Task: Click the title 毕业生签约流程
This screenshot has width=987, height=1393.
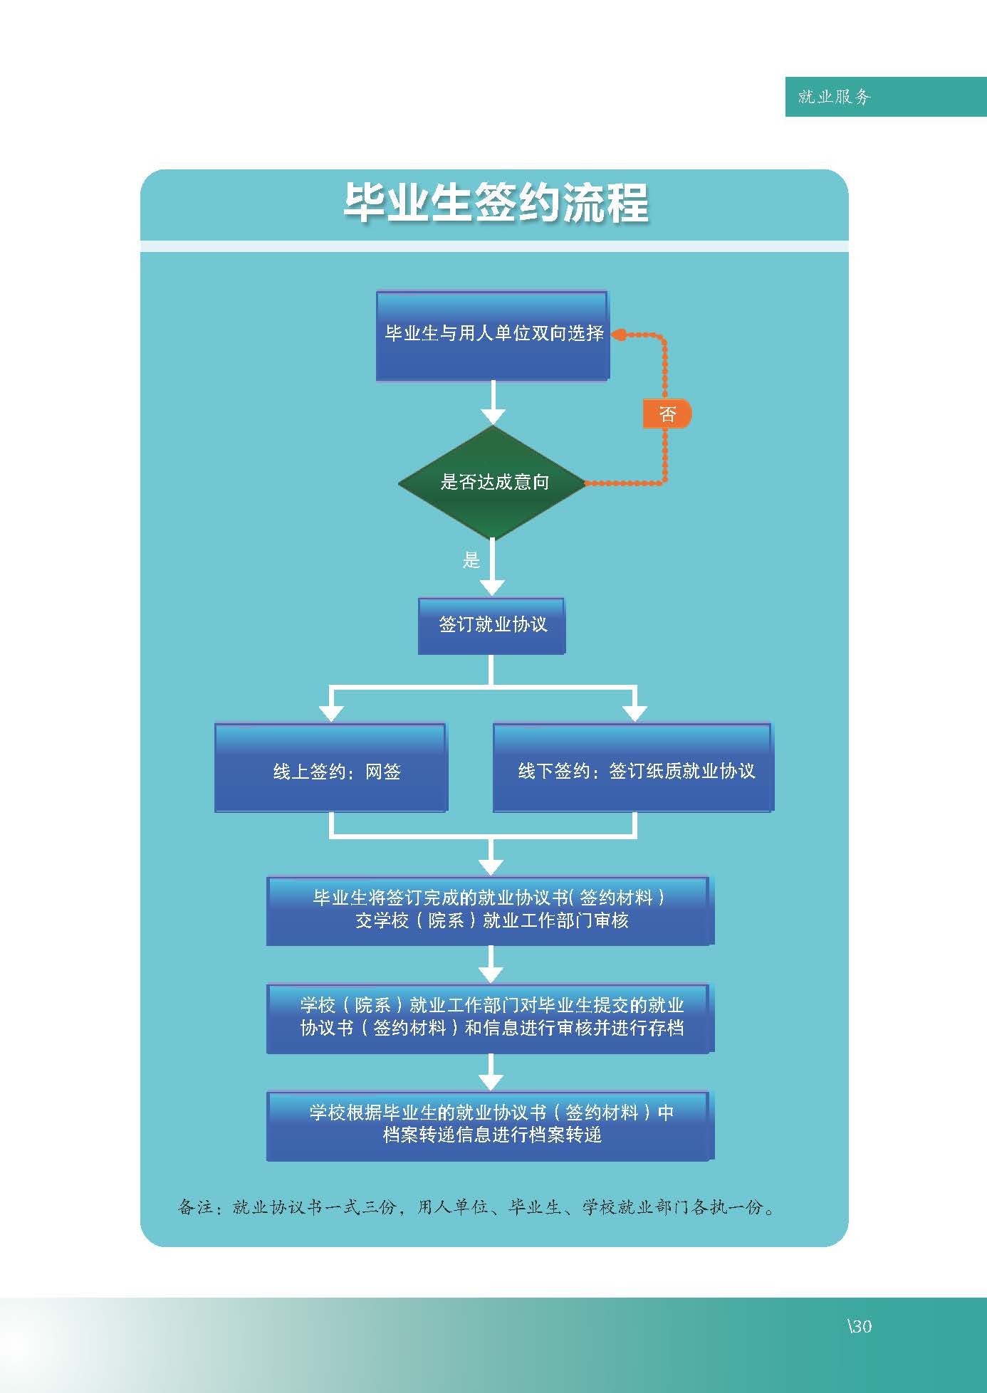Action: tap(496, 203)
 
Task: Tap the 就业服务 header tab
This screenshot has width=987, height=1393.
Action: tap(886, 97)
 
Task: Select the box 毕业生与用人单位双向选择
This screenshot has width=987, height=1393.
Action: tap(493, 335)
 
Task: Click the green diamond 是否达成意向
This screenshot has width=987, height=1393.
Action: tap(492, 483)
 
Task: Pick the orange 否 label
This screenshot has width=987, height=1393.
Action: tap(667, 414)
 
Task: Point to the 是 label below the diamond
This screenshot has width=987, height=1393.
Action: tap(471, 560)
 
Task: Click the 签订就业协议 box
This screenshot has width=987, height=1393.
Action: tap(491, 626)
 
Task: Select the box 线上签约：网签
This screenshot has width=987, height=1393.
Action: tap(330, 768)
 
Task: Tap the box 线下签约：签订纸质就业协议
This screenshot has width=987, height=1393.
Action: tap(633, 768)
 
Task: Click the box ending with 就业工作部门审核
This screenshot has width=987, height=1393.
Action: tap(490, 911)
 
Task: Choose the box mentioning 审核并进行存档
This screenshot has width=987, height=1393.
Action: tap(490, 1018)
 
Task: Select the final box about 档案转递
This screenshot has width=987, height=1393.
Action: tap(490, 1125)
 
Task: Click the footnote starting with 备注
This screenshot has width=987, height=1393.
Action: tap(476, 1207)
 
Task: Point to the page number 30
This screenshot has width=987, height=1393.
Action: tap(860, 1326)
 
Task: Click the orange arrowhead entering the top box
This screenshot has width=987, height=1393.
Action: tap(618, 335)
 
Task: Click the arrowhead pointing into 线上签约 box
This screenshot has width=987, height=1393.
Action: tap(331, 713)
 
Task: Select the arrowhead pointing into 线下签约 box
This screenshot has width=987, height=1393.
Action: tap(634, 713)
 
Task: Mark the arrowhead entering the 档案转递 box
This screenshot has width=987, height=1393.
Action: tap(491, 1081)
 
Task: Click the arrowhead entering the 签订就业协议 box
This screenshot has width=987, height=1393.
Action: tap(492, 587)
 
